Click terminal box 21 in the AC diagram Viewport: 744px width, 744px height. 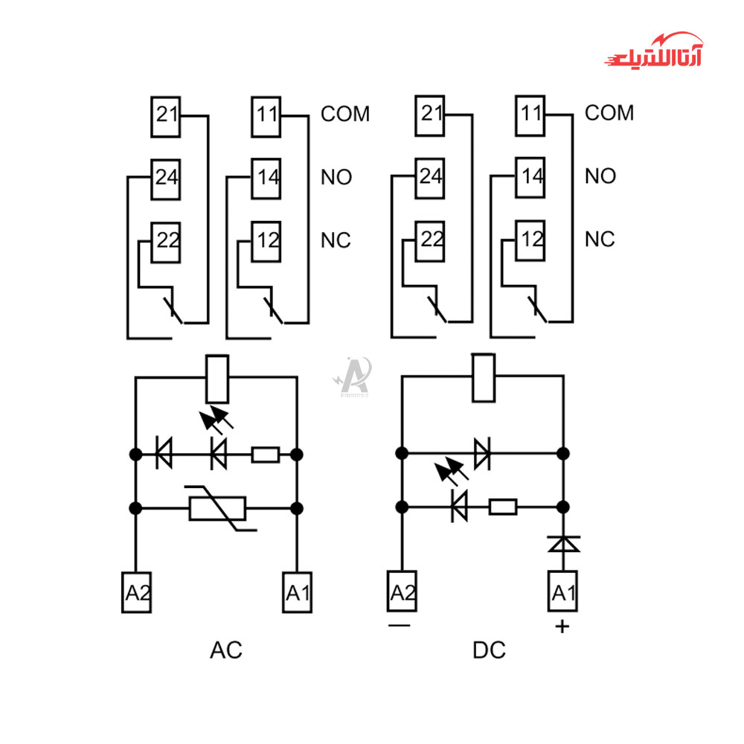coord(166,116)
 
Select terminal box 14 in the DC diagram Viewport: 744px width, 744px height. coord(530,178)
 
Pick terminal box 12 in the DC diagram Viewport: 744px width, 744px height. coord(530,240)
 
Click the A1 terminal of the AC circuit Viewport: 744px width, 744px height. coord(297,592)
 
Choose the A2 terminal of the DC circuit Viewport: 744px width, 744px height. coord(403,592)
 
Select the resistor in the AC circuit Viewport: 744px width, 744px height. coord(265,454)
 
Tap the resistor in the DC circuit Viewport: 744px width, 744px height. coord(502,507)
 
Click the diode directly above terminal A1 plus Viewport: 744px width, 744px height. coord(563,544)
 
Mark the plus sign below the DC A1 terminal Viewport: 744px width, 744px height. coord(562,626)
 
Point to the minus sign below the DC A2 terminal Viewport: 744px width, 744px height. coord(400,626)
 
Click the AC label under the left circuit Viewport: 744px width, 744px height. coord(226,650)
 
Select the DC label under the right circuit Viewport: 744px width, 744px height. coord(489,650)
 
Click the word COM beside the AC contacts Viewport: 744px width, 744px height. coord(345,114)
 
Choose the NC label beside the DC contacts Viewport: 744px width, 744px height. coord(600,240)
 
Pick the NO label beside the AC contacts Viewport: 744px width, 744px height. coord(336,178)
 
